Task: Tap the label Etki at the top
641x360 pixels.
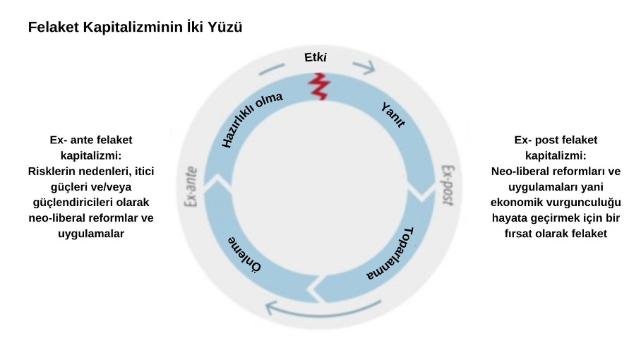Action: [315, 57]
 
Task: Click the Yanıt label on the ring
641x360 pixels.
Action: [393, 114]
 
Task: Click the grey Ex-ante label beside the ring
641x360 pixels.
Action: [190, 186]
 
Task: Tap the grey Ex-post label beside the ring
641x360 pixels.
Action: [447, 185]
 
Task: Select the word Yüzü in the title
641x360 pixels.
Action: [224, 28]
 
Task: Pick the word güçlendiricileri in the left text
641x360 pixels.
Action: [69, 202]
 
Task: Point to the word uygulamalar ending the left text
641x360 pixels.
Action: [90, 233]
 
